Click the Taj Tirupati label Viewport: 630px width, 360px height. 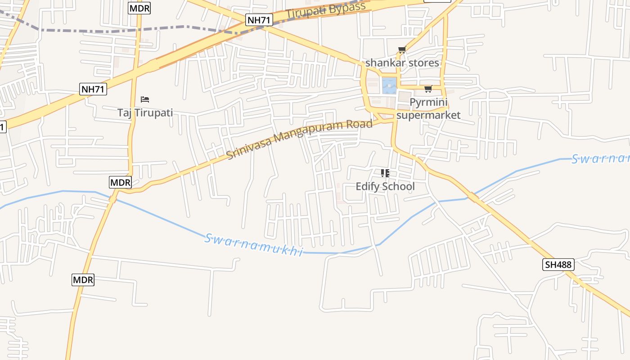tap(145, 112)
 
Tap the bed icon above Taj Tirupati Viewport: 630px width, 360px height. tap(145, 99)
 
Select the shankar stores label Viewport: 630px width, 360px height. tap(402, 63)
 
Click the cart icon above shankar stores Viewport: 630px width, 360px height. tap(402, 49)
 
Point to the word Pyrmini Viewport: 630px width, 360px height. tap(428, 103)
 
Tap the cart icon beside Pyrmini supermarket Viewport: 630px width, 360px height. tap(428, 89)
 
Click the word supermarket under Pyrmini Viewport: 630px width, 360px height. tap(428, 115)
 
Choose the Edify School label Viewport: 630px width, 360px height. tap(385, 186)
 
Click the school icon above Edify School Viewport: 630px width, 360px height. tap(385, 173)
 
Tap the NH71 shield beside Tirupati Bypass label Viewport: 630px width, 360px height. tap(259, 20)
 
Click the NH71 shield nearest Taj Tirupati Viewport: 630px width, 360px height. tap(93, 89)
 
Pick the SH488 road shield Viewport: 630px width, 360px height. tap(558, 265)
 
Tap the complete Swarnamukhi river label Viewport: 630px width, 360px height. tap(254, 245)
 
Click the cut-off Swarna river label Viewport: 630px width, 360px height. tap(600, 159)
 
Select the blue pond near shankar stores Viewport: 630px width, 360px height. tap(389, 85)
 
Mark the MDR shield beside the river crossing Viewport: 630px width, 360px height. tap(120, 182)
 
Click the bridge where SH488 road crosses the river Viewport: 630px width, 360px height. tap(472, 196)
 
